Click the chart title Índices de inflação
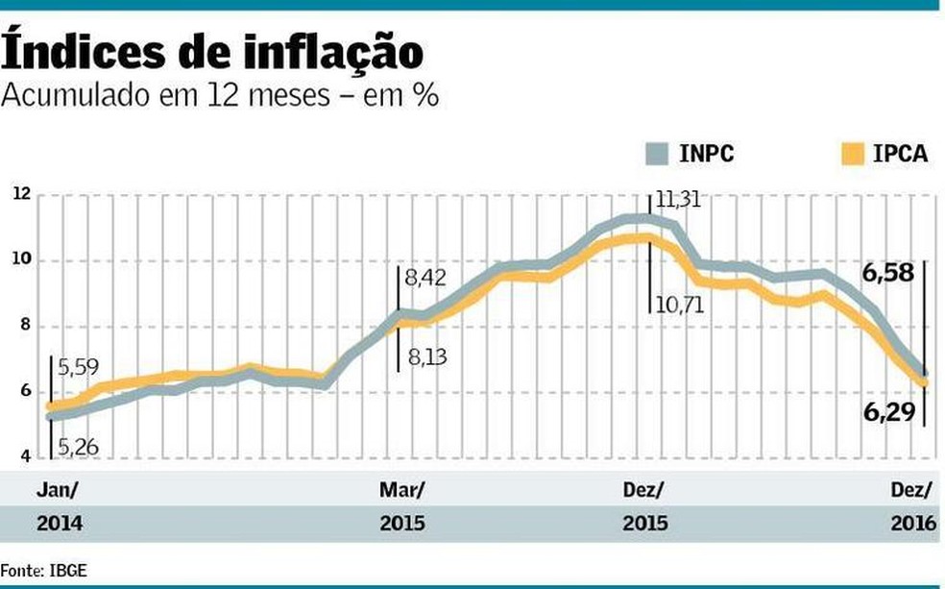point(213,53)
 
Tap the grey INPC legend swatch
point(659,155)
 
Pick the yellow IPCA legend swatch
point(853,155)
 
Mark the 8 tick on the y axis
point(25,326)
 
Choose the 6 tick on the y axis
point(25,391)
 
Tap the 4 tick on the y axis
point(25,456)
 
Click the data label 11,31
point(679,201)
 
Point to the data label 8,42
point(425,280)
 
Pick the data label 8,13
point(425,356)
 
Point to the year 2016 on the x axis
point(913,525)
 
